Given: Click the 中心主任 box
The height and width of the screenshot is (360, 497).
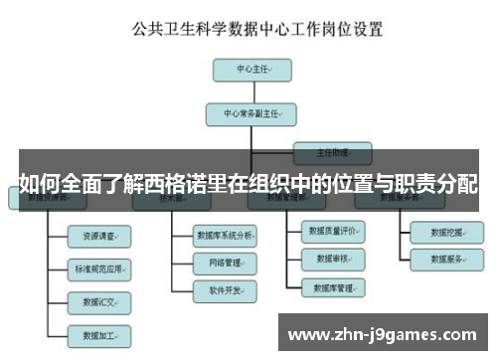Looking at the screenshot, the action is (x=250, y=71).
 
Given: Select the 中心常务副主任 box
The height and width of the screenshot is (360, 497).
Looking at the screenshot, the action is (x=251, y=114).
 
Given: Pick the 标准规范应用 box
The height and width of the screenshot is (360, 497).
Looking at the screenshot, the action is (x=98, y=268).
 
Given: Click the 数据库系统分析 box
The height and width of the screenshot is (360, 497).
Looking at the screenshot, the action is (x=226, y=236).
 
